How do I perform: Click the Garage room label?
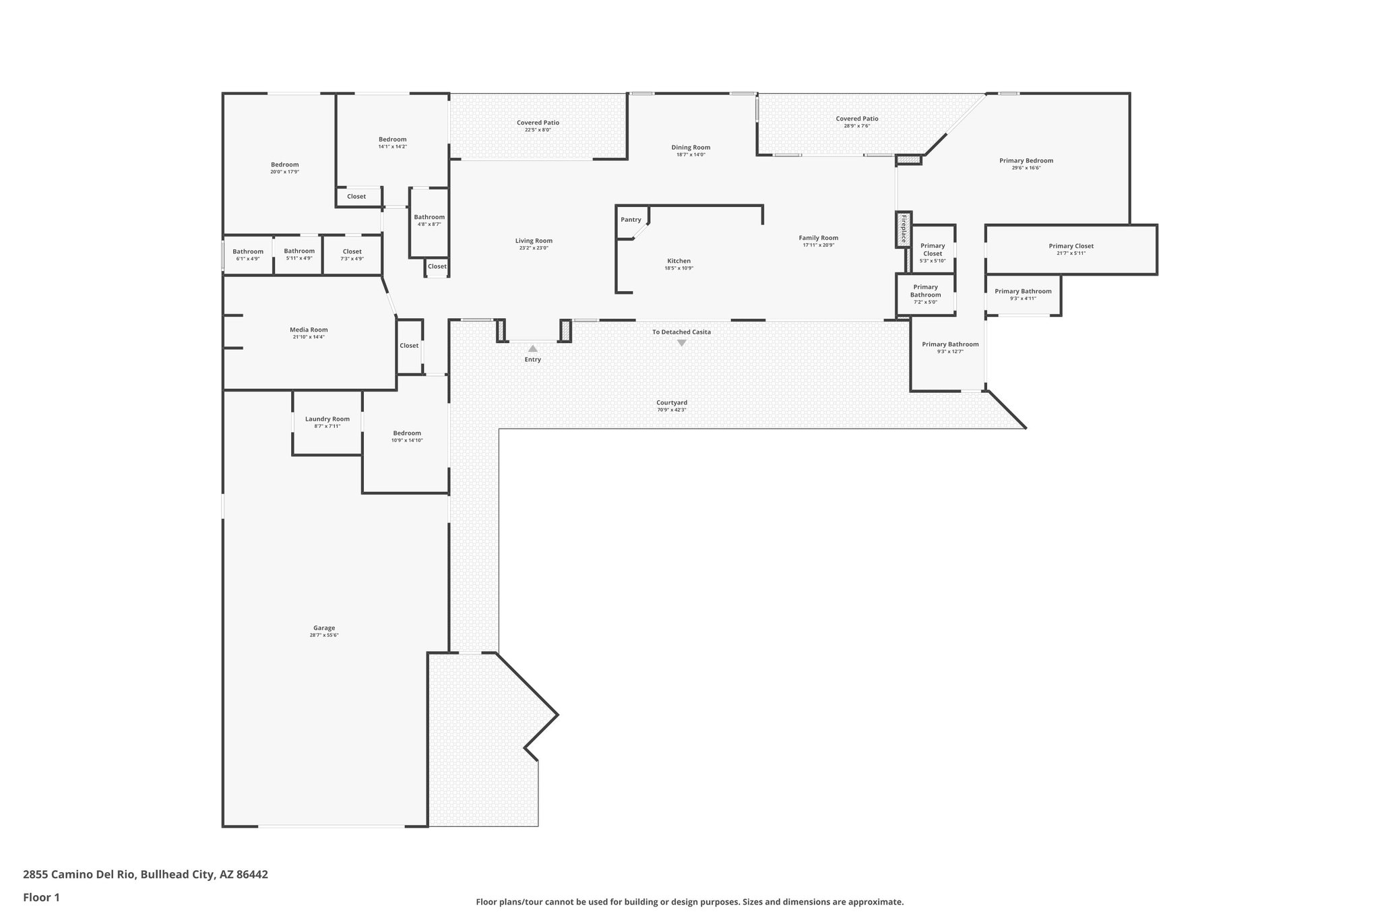pyautogui.click(x=323, y=627)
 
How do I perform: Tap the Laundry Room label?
pyautogui.click(x=327, y=419)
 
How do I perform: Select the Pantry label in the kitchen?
pyautogui.click(x=631, y=220)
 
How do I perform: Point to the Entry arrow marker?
pyautogui.click(x=532, y=348)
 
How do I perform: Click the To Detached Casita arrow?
pyautogui.click(x=681, y=343)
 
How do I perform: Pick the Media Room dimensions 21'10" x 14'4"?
pyautogui.click(x=309, y=337)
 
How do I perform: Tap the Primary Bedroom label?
pyautogui.click(x=1026, y=160)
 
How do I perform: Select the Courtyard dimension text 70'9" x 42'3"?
pyautogui.click(x=671, y=410)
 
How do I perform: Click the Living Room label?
pyautogui.click(x=534, y=241)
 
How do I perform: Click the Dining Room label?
pyautogui.click(x=691, y=147)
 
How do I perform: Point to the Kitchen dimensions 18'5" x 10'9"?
pyautogui.click(x=679, y=268)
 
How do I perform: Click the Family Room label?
pyautogui.click(x=818, y=237)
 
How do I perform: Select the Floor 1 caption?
pyautogui.click(x=42, y=897)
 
